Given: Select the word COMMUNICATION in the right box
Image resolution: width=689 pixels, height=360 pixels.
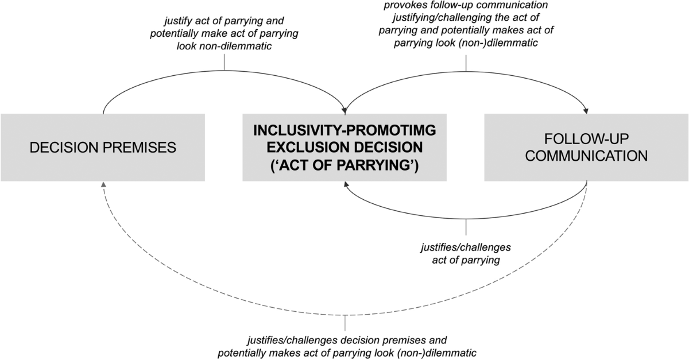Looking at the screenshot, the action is tap(586, 156).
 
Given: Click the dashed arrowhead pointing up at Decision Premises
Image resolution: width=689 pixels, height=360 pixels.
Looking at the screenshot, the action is tap(103, 185).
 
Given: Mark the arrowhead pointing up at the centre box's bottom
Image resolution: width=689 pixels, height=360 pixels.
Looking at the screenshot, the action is tap(344, 185).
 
